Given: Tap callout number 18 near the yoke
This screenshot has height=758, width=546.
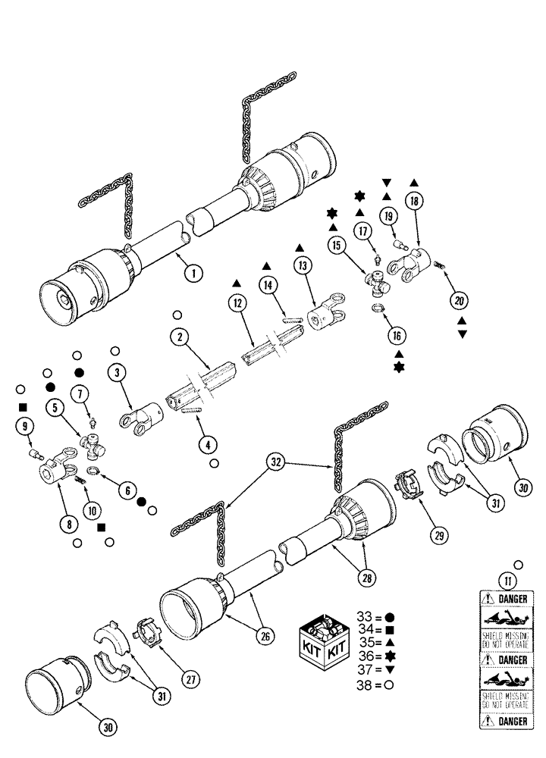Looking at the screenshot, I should (414, 201).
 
